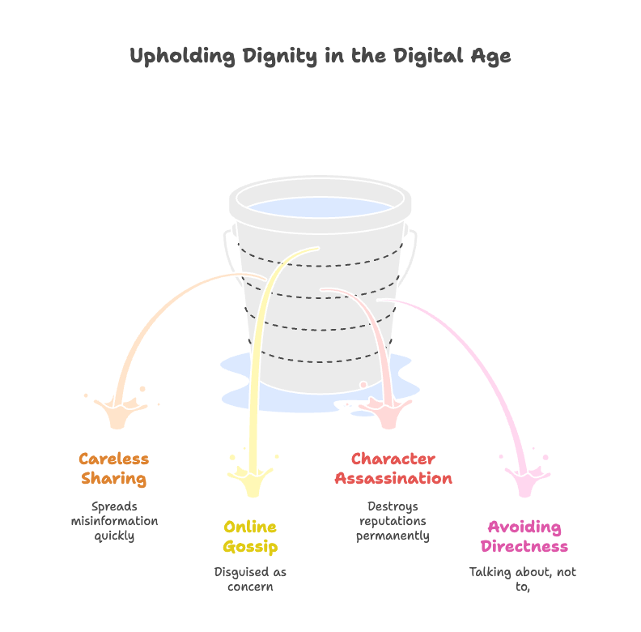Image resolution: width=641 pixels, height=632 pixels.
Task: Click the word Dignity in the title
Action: tap(279, 57)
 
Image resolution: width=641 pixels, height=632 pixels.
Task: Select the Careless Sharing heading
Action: tap(114, 468)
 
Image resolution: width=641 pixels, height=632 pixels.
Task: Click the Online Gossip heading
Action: tap(250, 536)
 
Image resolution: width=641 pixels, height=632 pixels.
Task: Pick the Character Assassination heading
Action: tap(393, 468)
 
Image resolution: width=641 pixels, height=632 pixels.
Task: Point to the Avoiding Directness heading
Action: tap(524, 536)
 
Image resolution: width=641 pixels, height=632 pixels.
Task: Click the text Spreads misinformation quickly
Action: tap(114, 521)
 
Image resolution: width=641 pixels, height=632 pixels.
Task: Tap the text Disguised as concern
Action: tap(250, 579)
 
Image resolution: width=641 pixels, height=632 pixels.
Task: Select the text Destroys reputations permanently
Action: tap(393, 521)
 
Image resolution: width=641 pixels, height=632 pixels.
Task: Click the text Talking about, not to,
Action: tap(523, 579)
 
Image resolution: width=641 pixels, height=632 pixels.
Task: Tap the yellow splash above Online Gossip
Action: tap(251, 478)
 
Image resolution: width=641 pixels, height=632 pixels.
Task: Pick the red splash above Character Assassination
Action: tap(386, 412)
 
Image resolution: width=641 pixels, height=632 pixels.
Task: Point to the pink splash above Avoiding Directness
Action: tap(526, 478)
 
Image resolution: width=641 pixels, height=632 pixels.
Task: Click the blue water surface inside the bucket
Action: tap(320, 207)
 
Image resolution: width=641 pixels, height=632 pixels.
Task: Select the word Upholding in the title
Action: tap(182, 57)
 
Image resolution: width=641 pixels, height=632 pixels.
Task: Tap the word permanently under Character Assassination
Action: tap(393, 536)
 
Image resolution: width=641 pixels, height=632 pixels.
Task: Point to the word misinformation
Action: tap(114, 521)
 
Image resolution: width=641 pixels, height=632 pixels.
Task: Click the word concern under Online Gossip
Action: tap(250, 587)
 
